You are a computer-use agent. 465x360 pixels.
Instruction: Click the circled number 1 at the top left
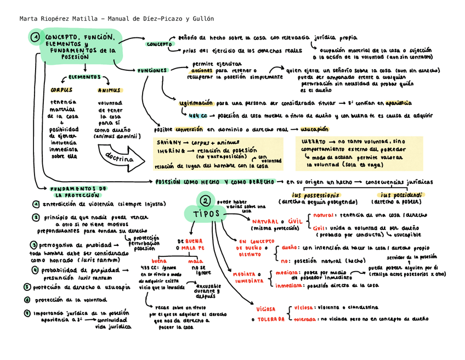[x=35, y=37]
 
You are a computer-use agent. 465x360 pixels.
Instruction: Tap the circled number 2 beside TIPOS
[x=204, y=201]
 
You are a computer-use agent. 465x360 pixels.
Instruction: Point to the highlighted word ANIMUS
[x=110, y=91]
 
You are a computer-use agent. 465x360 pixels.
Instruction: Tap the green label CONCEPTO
[x=160, y=44]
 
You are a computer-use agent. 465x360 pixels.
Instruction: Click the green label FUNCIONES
[x=152, y=71]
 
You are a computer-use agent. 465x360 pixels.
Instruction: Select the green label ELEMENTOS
[x=84, y=77]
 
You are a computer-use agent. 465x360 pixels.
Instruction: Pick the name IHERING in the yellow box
[x=167, y=150]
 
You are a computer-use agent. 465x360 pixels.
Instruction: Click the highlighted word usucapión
[x=314, y=130]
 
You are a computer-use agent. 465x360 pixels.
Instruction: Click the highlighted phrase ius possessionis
[x=315, y=195]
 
